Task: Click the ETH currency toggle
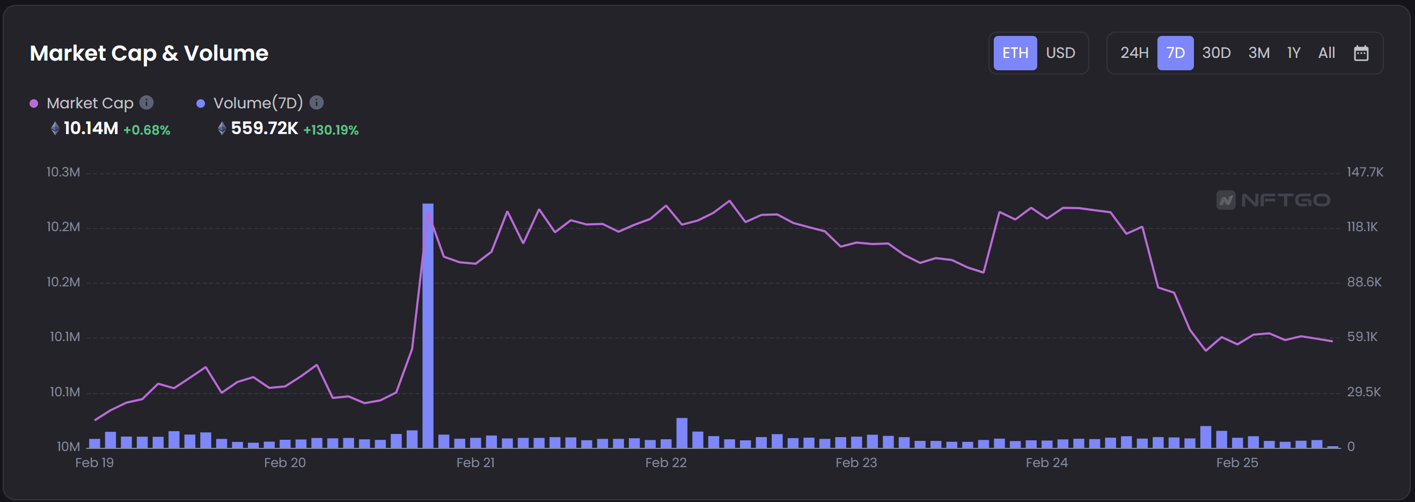(x=1015, y=53)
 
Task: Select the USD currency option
(x=1060, y=53)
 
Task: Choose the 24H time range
(x=1134, y=53)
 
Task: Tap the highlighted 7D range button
(x=1175, y=53)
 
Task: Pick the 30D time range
(x=1216, y=53)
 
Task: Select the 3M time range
(x=1258, y=53)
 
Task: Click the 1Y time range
(x=1294, y=53)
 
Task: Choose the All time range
(x=1326, y=53)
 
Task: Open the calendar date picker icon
(x=1361, y=53)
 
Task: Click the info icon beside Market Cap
(x=146, y=103)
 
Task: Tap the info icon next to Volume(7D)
(x=317, y=103)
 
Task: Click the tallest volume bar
(x=428, y=324)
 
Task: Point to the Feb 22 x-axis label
(x=666, y=462)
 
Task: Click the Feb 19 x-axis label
(x=94, y=462)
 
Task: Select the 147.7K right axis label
(x=1365, y=172)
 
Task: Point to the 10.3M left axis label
(x=63, y=172)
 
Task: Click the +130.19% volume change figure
(x=331, y=130)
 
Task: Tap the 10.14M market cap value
(x=91, y=129)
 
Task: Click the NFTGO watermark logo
(x=1273, y=200)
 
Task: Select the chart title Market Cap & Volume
(x=149, y=53)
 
